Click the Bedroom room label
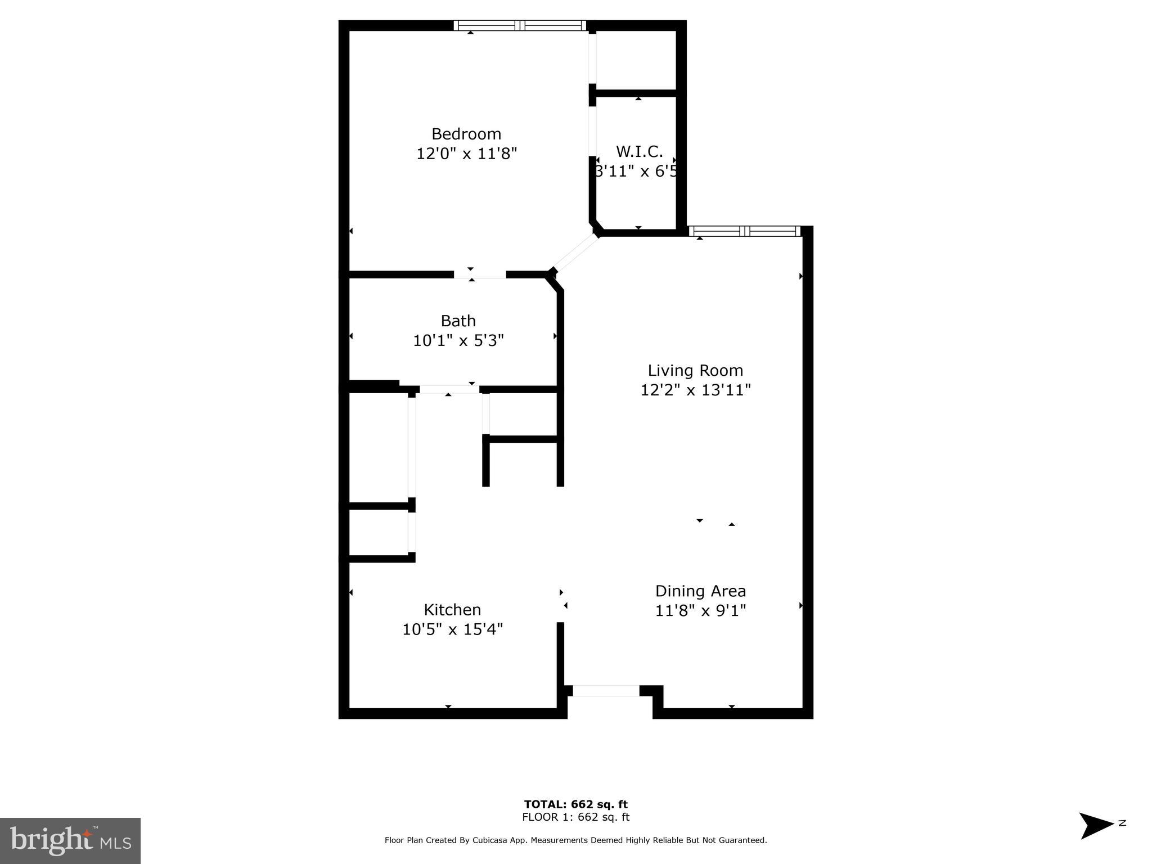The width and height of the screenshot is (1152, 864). (x=466, y=134)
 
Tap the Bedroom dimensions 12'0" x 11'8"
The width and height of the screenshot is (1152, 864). (x=466, y=154)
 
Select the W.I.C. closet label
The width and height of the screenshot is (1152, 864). (x=639, y=151)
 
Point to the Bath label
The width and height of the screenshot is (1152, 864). (x=458, y=321)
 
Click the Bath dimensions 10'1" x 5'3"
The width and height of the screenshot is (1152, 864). (x=458, y=340)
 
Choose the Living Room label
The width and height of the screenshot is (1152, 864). (x=695, y=370)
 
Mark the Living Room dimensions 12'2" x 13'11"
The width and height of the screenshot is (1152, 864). (x=695, y=390)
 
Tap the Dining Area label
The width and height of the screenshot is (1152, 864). (x=700, y=591)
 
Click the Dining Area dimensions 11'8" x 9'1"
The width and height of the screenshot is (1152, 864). (x=700, y=610)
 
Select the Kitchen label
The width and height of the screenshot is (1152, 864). (x=452, y=610)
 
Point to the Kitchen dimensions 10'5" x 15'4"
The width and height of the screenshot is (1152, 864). (x=452, y=629)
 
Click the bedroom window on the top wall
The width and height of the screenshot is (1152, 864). (x=520, y=25)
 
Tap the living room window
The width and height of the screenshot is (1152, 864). (x=744, y=231)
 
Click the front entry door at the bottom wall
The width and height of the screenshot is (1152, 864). (x=606, y=690)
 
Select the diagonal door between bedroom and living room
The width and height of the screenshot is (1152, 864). (x=575, y=253)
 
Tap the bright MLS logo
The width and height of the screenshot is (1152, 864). (x=70, y=840)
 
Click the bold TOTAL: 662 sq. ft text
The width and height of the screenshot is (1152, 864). (x=575, y=804)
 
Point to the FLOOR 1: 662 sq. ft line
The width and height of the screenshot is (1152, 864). (x=575, y=817)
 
